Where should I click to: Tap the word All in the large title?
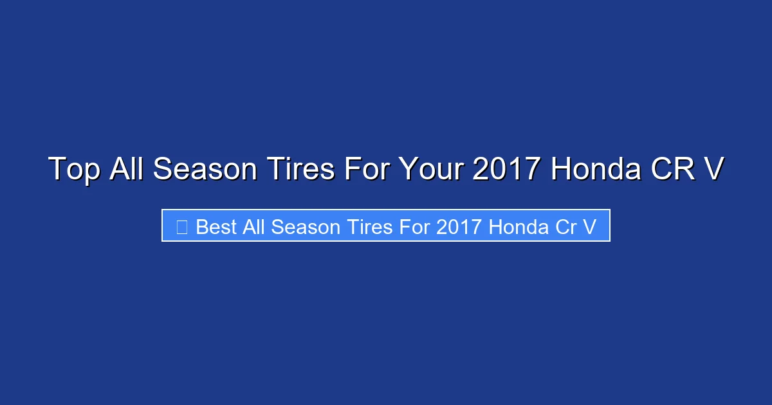[127, 170]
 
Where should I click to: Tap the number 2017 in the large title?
[506, 170]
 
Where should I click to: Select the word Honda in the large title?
[594, 170]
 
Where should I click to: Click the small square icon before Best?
[181, 227]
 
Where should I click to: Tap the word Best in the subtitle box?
[216, 227]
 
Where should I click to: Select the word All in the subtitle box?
[255, 227]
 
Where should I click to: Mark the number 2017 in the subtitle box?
[459, 227]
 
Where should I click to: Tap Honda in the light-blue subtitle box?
[518, 227]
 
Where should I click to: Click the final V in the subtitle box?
[590, 227]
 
